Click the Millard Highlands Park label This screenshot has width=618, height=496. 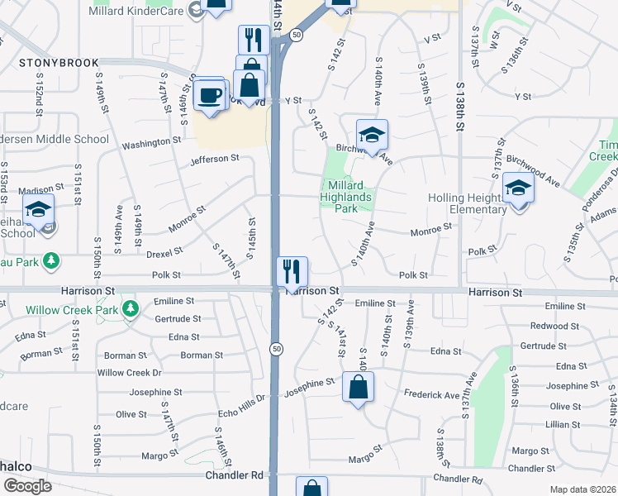(347, 197)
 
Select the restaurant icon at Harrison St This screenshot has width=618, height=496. (292, 270)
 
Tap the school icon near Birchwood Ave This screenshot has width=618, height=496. (372, 135)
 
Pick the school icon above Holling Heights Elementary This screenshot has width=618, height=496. (518, 188)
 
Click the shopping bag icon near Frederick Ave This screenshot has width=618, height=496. (359, 387)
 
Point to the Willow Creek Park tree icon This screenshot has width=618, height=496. (129, 309)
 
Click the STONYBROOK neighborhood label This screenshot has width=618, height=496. (59, 63)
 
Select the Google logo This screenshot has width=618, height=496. (27, 485)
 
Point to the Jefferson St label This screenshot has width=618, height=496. (214, 158)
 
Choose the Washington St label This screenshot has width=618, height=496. (151, 143)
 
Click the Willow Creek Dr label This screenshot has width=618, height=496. (128, 373)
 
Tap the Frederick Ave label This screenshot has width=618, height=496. (430, 395)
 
